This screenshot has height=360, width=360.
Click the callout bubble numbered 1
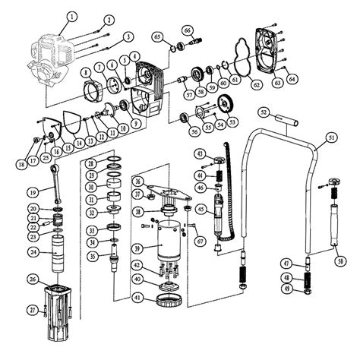[x=71, y=16]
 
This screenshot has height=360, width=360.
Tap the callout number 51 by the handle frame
[x=331, y=137]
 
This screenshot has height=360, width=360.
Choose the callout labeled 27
[x=32, y=309]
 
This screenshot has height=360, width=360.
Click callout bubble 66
[x=186, y=30]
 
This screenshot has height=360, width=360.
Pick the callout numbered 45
[x=201, y=209]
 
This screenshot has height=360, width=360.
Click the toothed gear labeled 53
[x=224, y=104]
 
